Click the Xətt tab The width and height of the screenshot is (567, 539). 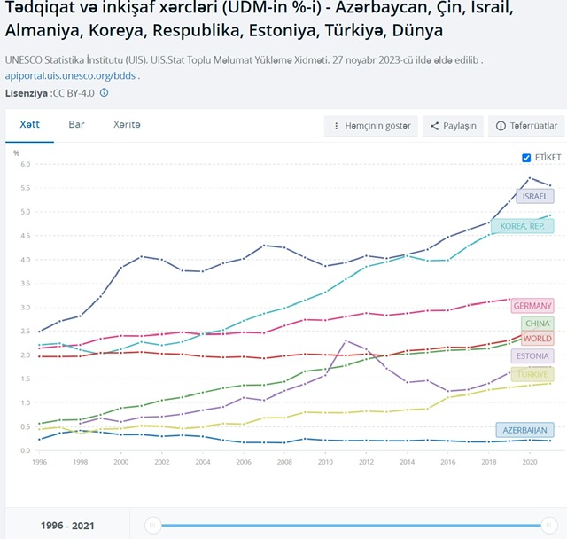tap(29, 125)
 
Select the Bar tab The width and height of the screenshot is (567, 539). tap(77, 125)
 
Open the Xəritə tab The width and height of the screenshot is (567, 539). tap(127, 125)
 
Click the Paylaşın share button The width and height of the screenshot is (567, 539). tap(453, 126)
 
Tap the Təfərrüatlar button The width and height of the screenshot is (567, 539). tap(527, 126)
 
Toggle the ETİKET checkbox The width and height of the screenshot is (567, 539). tap(527, 157)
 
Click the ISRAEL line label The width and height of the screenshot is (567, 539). tap(535, 196)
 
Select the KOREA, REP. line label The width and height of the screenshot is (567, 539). tap(523, 226)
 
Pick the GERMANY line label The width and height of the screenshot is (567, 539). tap(532, 306)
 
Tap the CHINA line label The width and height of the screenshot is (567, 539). tap(537, 324)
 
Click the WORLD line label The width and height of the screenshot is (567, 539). tap(537, 339)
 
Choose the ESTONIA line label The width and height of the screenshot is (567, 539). tap(532, 356)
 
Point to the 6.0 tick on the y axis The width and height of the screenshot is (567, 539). tap(25, 164)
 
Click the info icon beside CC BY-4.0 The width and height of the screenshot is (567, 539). tap(104, 92)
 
